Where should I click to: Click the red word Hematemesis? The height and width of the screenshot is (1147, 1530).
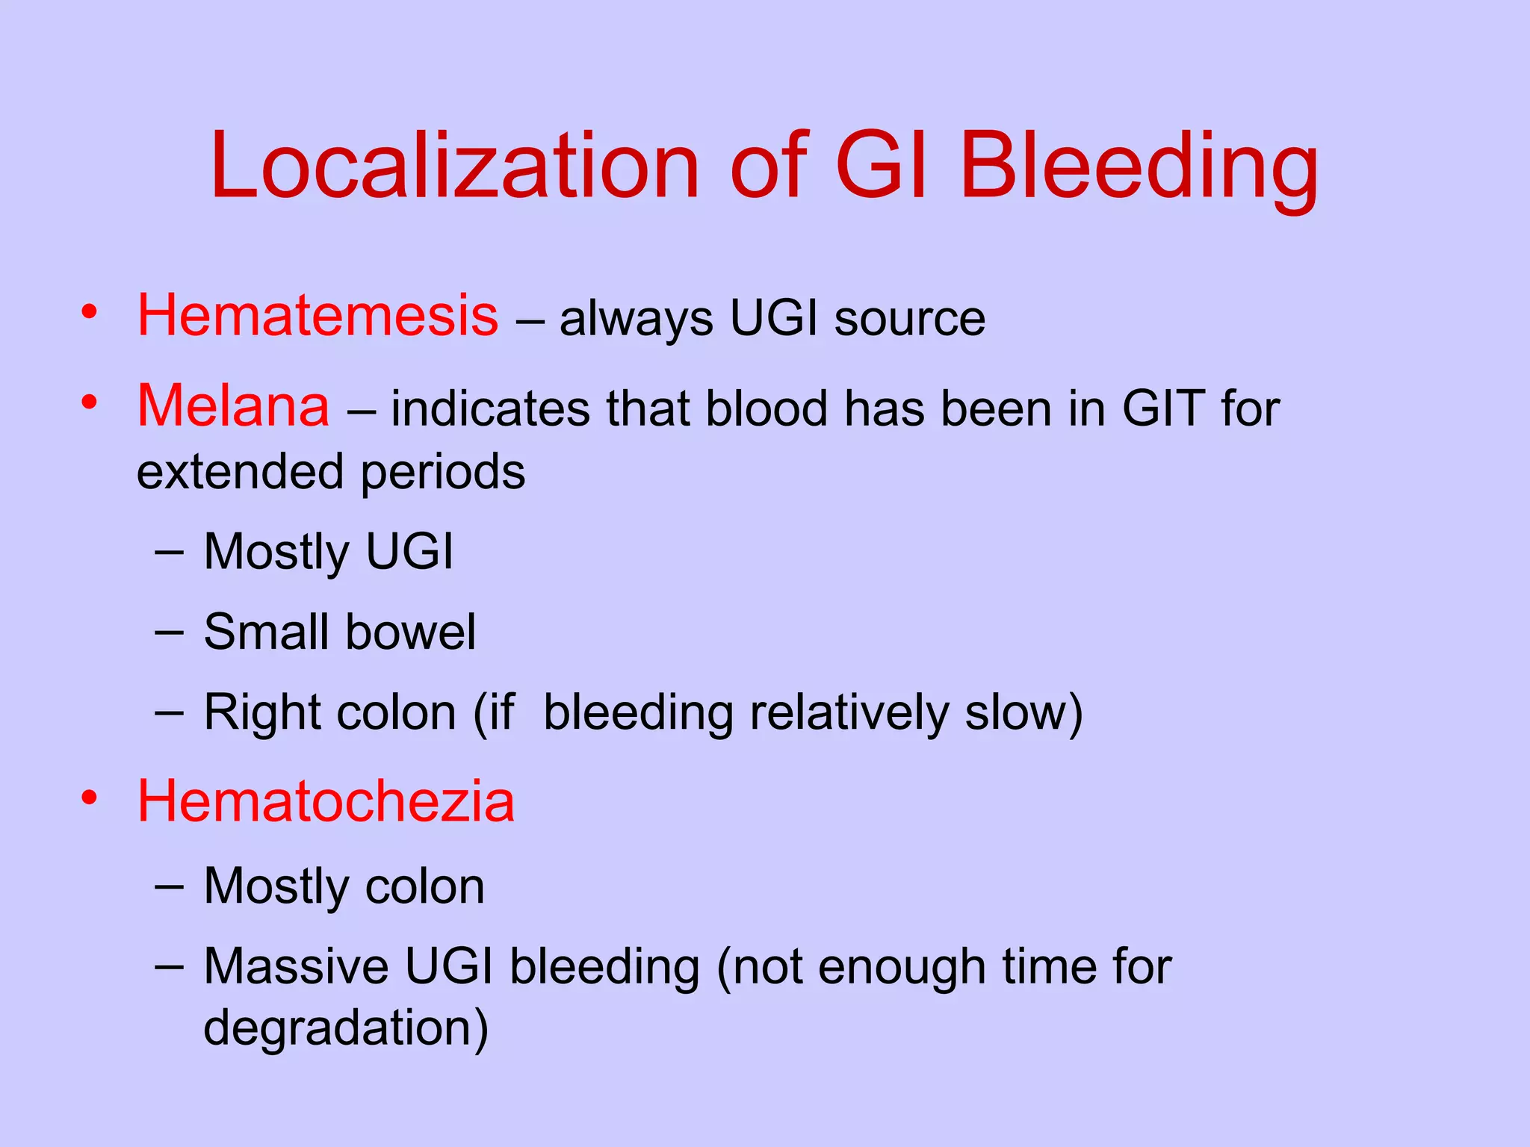click(318, 316)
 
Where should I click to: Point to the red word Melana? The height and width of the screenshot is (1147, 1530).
click(233, 405)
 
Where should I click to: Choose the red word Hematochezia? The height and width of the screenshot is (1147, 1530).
click(326, 801)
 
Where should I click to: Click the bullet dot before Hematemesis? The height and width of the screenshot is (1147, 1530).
click(90, 311)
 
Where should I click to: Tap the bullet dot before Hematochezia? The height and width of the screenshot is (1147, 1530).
click(90, 798)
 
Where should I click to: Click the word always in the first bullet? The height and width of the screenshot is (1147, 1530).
click(636, 320)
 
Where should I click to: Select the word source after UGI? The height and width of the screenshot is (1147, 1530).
click(909, 319)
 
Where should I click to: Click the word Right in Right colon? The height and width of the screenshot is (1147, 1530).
click(255, 713)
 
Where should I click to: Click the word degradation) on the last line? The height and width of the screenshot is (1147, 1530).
click(346, 1028)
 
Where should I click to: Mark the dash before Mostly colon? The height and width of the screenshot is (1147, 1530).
click(169, 886)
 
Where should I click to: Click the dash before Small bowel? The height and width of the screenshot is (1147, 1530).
click(169, 632)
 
